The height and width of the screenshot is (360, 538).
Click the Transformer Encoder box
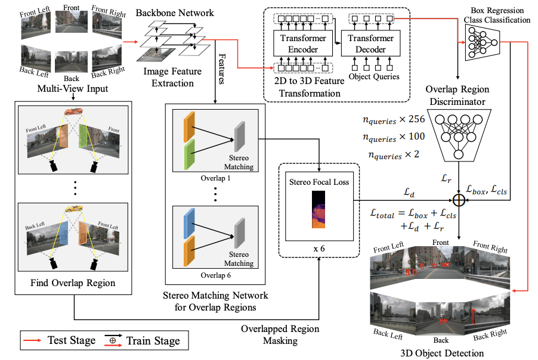(x=303, y=43)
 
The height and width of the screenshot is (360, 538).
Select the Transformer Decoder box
(x=370, y=43)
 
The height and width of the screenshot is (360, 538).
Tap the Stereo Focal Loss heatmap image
(x=319, y=209)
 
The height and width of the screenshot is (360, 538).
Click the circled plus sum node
(x=459, y=200)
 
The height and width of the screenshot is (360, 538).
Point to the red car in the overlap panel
(x=73, y=111)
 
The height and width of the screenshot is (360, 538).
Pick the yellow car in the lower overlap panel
(x=74, y=208)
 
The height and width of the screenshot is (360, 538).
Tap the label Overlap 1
(x=215, y=178)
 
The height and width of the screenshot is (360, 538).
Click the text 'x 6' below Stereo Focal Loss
(x=319, y=249)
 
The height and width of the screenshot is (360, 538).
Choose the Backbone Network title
(x=175, y=13)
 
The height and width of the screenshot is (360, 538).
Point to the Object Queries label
(x=374, y=76)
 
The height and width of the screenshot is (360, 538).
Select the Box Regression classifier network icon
(x=483, y=43)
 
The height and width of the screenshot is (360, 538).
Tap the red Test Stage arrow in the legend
(x=32, y=340)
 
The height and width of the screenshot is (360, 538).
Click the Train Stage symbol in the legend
(x=113, y=340)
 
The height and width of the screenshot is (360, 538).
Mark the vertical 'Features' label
(x=222, y=69)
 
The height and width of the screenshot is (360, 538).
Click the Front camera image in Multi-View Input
(x=72, y=22)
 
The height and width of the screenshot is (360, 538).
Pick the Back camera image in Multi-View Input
(x=72, y=62)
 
